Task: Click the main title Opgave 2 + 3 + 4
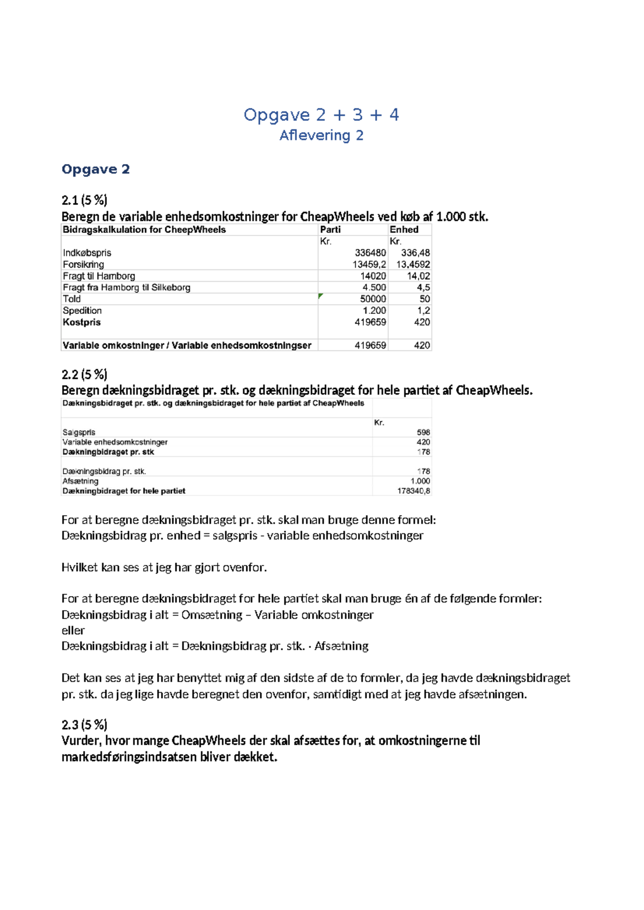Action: (x=321, y=115)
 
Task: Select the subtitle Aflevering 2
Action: (x=321, y=135)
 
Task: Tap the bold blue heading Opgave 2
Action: (x=96, y=170)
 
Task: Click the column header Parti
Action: (x=330, y=230)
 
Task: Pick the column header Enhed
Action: (x=404, y=230)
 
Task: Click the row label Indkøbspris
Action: (x=87, y=253)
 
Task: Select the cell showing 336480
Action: (x=370, y=253)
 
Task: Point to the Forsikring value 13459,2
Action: (x=369, y=265)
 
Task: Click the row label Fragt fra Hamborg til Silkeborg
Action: (x=127, y=288)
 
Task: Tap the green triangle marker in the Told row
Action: (x=321, y=296)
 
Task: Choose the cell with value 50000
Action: (x=372, y=299)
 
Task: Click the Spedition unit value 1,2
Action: (x=423, y=311)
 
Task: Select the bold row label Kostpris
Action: (x=82, y=322)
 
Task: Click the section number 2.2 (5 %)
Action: (x=84, y=374)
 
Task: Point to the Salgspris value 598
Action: (x=423, y=432)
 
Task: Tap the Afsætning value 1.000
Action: (x=420, y=481)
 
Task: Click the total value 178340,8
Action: (x=413, y=491)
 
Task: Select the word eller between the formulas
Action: (x=73, y=630)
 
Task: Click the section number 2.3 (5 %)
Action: (x=84, y=725)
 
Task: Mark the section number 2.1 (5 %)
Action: (x=84, y=200)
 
